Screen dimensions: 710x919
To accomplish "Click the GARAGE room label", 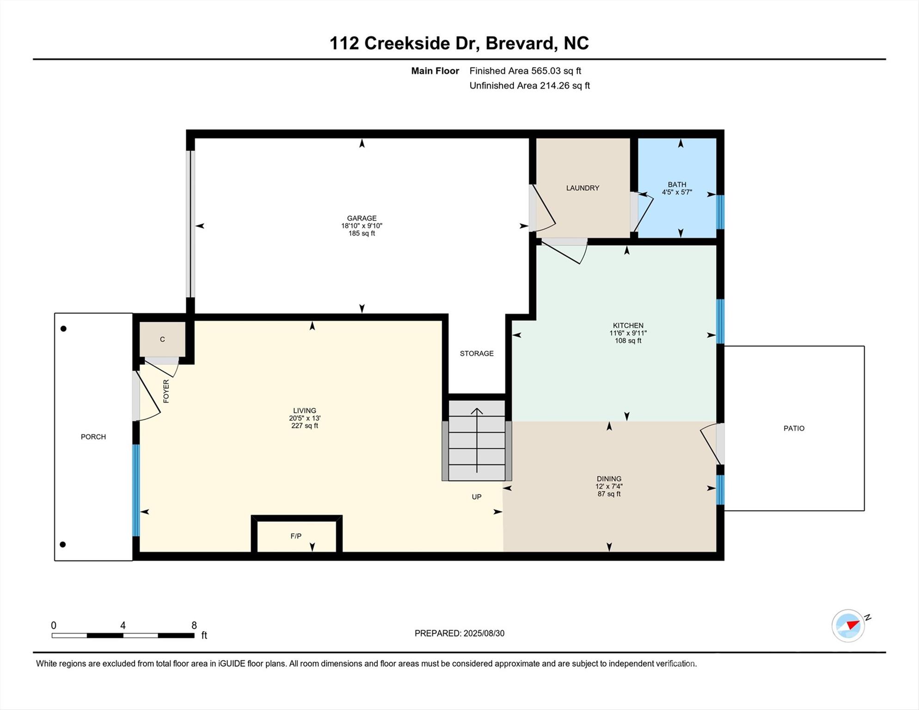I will [361, 218].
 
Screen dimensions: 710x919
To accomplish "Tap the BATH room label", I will [677, 184].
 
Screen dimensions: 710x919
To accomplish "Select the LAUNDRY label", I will [582, 188].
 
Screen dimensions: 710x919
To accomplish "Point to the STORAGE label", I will [477, 353].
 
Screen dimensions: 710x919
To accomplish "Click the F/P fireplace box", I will [296, 536].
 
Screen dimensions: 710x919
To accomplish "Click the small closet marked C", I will [162, 339].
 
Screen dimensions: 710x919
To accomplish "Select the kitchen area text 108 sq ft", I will [628, 341].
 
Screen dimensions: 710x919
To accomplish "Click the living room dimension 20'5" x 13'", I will [305, 418].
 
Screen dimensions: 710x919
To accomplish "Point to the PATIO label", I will [794, 428].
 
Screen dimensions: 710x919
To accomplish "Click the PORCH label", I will [93, 436].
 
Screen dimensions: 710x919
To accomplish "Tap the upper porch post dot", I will [63, 329].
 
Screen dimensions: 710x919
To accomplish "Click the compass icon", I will [848, 625].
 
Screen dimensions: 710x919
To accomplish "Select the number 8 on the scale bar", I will [194, 625].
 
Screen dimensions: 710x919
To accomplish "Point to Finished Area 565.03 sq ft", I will [525, 71].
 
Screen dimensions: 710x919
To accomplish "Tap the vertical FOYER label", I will [166, 391].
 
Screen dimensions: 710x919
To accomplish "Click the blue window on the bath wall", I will [720, 212].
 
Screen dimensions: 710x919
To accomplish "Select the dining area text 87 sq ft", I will [609, 494].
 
